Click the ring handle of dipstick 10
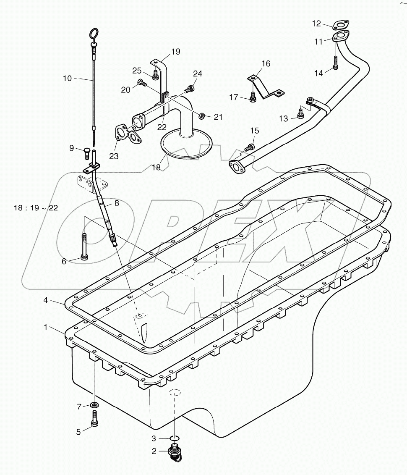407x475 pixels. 94,33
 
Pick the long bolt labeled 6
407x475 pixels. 84,248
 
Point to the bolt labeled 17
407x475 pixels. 253,97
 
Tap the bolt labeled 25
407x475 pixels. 155,75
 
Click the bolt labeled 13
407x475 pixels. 300,113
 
